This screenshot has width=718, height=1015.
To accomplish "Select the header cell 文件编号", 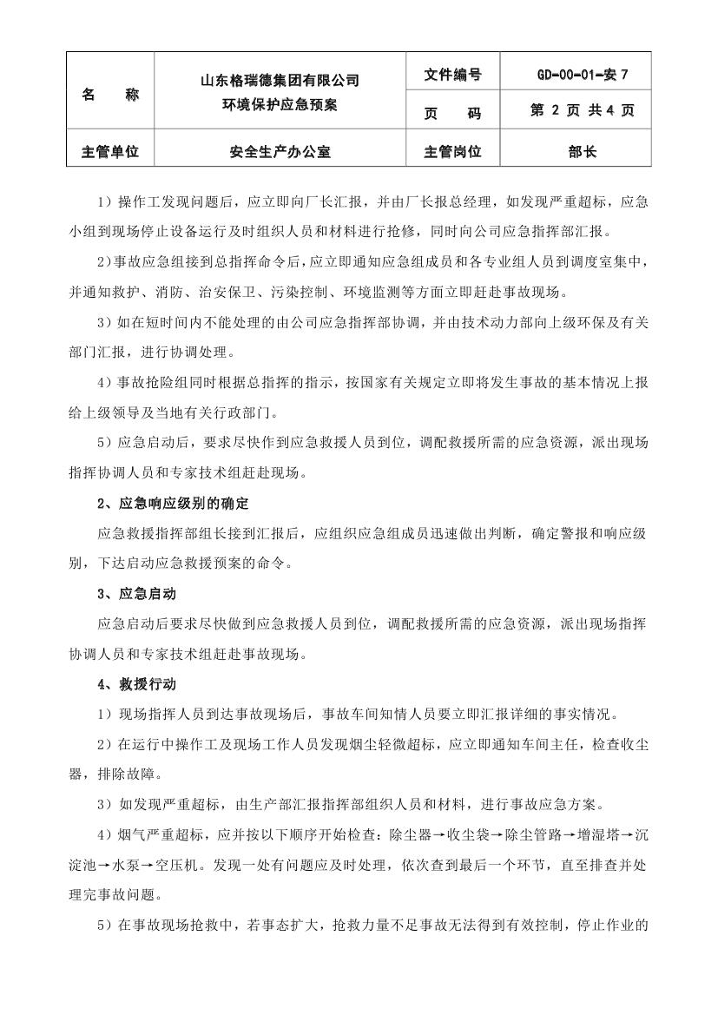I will (x=452, y=75).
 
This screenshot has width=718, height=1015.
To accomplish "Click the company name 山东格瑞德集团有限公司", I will (x=280, y=81).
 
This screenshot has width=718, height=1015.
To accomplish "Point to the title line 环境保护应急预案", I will (x=280, y=105).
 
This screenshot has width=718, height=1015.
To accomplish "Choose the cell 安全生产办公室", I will (x=280, y=152).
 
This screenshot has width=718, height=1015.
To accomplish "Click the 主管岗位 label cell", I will (x=452, y=152).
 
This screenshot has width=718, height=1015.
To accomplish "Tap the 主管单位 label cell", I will (x=109, y=152).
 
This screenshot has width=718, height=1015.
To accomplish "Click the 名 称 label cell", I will (x=109, y=94).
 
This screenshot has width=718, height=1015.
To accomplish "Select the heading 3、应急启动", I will (x=136, y=594).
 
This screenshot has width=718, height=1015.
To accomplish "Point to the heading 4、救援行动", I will (x=136, y=684).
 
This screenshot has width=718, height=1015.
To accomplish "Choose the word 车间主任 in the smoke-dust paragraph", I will (x=563, y=744).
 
